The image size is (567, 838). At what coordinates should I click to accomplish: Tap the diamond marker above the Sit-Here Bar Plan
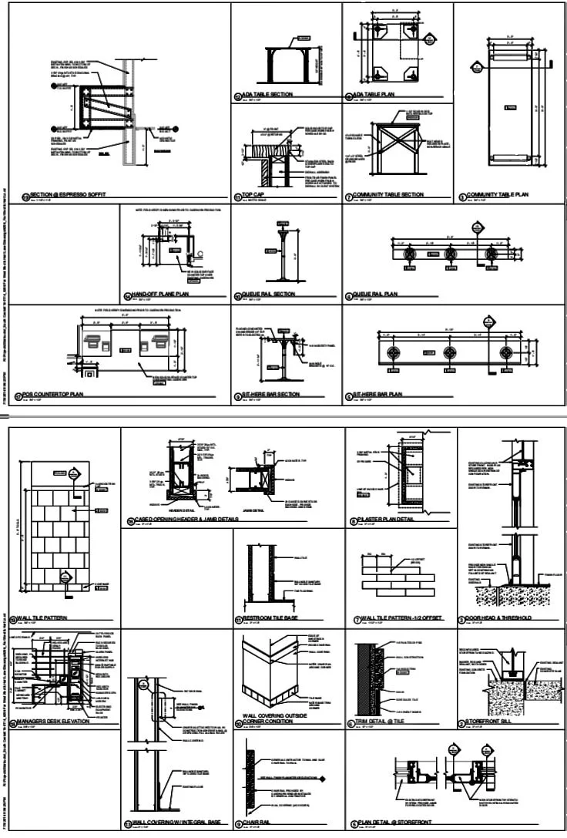(x=486, y=318)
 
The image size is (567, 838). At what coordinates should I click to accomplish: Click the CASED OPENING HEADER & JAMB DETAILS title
(x=197, y=520)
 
